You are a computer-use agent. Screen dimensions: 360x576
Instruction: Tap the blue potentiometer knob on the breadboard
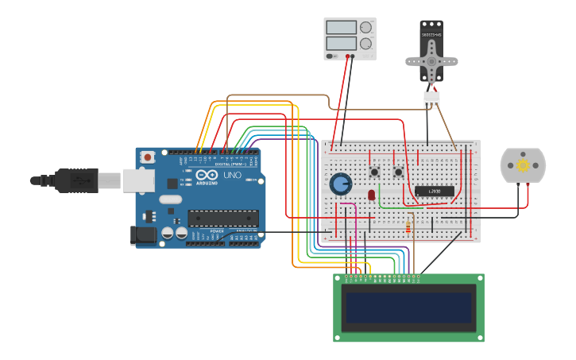pos(341,184)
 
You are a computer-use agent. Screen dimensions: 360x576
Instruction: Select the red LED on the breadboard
pos(371,195)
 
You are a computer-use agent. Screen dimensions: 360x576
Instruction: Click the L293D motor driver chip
pos(435,191)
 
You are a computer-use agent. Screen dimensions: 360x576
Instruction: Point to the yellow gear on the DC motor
pos(522,165)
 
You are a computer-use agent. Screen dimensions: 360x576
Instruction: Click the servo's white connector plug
pos(431,99)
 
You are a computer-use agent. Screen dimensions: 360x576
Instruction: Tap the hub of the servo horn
pos(431,61)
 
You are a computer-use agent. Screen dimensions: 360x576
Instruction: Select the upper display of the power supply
pos(342,27)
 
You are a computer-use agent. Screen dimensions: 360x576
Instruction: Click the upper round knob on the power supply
pos(365,27)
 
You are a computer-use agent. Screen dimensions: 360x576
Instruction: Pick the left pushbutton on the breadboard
pos(374,172)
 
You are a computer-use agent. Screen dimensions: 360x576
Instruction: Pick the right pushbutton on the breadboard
pos(398,172)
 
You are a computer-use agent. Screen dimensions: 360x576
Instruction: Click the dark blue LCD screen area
pos(408,308)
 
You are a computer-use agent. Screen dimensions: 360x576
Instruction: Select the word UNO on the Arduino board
pos(233,175)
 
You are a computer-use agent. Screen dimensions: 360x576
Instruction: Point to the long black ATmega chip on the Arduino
pos(222,219)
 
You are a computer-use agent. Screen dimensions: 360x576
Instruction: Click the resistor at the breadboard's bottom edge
pos(408,229)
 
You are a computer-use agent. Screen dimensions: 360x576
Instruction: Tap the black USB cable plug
pos(76,180)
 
